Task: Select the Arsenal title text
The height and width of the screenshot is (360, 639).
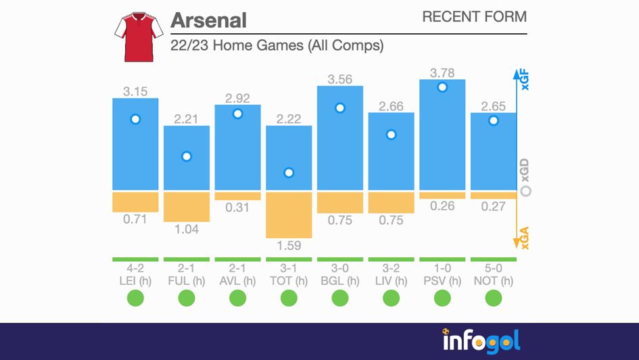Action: (x=208, y=20)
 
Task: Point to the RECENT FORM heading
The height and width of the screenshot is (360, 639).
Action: (x=474, y=17)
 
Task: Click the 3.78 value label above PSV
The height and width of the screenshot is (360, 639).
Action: (x=442, y=71)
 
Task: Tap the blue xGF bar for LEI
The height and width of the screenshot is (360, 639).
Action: (x=135, y=156)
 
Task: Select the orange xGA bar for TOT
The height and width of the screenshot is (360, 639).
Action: (x=289, y=214)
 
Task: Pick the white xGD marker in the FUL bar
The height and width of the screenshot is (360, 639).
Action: (x=187, y=156)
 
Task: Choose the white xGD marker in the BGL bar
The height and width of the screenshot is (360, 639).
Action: (x=340, y=108)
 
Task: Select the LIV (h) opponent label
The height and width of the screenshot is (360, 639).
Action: (x=391, y=281)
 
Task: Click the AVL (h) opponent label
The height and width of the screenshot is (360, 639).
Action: (x=237, y=281)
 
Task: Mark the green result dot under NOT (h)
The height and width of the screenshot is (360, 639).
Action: (x=494, y=298)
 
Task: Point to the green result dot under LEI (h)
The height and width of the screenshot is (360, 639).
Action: (x=135, y=298)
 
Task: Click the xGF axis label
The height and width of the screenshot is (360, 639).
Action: (x=525, y=81)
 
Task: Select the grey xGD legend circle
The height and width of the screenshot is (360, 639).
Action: (x=526, y=192)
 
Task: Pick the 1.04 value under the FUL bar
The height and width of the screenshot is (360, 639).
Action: (x=187, y=229)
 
